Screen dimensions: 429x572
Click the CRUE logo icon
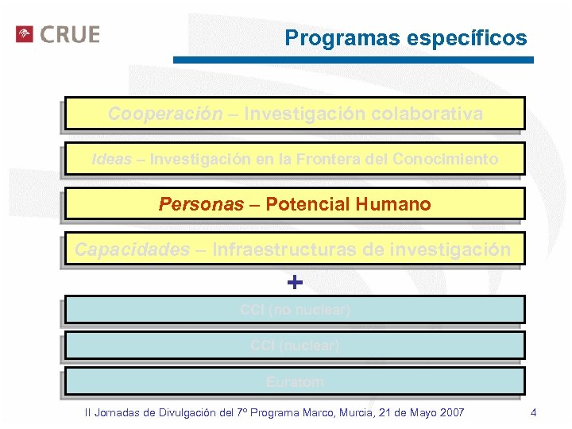tap(25, 34)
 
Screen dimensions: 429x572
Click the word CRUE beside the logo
tap(70, 35)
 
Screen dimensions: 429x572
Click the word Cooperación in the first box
tap(165, 114)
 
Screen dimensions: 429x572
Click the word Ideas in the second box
tap(112, 159)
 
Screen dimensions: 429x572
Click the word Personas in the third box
tap(201, 204)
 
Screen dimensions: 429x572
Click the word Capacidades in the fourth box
tap(132, 249)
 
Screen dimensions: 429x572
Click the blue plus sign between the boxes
tap(295, 282)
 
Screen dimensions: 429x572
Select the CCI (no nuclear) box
tap(295, 310)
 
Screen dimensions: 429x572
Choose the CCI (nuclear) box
tap(295, 346)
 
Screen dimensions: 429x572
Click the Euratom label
tap(295, 381)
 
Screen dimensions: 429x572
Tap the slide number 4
tap(533, 412)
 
